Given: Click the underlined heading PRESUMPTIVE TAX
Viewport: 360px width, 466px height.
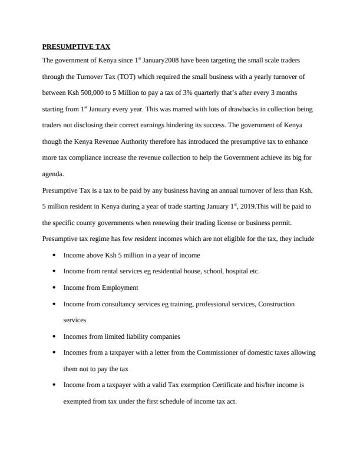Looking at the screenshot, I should (76, 46).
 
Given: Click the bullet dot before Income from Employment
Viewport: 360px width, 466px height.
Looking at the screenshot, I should (54, 288).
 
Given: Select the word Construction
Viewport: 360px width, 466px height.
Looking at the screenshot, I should (274, 304).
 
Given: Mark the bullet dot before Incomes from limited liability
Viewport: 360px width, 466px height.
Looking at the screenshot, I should (54, 336).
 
